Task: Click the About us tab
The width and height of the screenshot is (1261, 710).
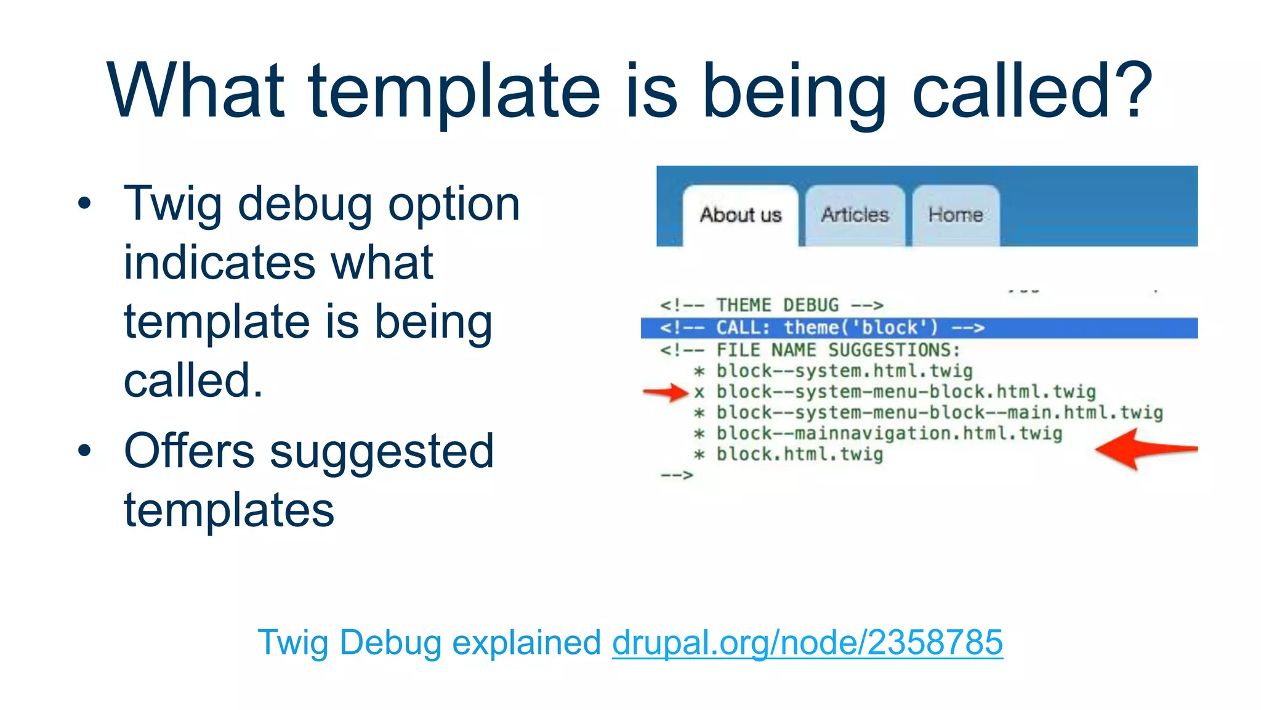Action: (740, 215)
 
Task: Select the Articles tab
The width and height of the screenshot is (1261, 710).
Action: (855, 215)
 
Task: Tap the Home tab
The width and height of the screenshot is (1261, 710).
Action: (956, 215)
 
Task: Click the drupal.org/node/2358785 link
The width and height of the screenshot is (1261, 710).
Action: (807, 642)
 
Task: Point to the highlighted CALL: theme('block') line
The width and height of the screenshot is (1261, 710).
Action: (822, 328)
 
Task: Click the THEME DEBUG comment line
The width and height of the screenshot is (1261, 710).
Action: (772, 306)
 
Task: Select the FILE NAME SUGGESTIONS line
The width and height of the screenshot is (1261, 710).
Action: (810, 351)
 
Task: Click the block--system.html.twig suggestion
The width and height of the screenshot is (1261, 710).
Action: (844, 372)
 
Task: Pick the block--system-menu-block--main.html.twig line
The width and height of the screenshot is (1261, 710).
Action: (939, 413)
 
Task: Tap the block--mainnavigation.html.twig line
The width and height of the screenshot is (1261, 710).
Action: (889, 434)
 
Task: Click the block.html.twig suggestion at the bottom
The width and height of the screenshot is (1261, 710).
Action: (799, 455)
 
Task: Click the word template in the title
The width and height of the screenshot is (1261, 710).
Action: (454, 91)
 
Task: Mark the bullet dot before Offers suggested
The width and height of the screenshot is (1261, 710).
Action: (84, 451)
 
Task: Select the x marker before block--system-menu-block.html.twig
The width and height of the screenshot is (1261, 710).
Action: (699, 393)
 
